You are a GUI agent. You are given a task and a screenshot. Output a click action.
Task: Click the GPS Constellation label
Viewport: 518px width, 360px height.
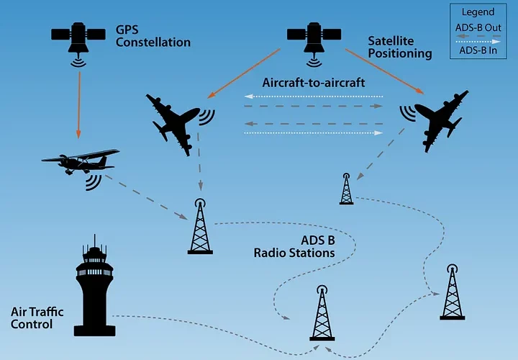click(x=153, y=36)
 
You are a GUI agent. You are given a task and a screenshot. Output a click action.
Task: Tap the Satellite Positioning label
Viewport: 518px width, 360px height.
click(x=399, y=47)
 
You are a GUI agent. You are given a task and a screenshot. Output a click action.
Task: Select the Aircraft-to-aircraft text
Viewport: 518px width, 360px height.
click(x=314, y=82)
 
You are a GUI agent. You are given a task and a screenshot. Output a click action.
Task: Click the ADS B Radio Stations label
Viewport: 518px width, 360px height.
click(x=294, y=246)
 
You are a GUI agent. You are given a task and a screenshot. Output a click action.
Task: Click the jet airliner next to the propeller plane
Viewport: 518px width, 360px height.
click(x=173, y=119)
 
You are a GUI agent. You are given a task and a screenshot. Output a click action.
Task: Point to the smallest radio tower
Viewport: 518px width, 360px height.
click(x=346, y=189)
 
